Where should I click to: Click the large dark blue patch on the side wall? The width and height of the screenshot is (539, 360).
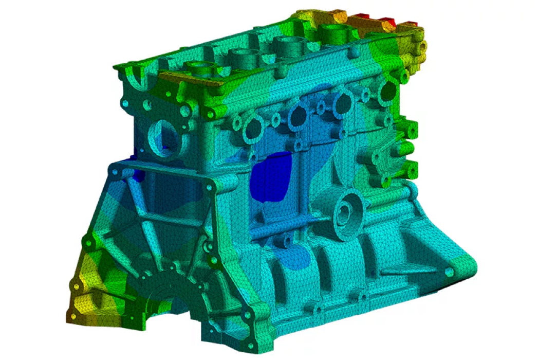click(x=271, y=177)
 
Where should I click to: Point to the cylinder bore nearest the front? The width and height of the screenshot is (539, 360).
click(x=199, y=69)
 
